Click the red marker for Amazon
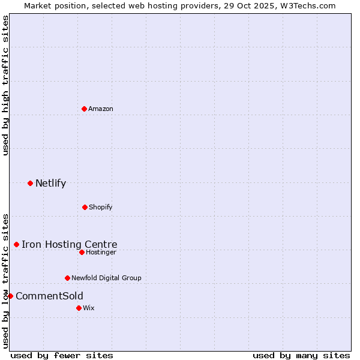(84, 109)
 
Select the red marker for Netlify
(30, 183)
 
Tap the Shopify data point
(85, 207)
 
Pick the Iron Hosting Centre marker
(16, 244)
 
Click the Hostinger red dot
(82, 252)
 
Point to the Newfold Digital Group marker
(67, 278)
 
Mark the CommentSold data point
(10, 296)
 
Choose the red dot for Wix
(79, 308)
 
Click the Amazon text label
(101, 109)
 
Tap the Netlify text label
(50, 183)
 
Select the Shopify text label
(101, 207)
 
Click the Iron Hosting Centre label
(70, 244)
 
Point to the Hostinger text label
(101, 252)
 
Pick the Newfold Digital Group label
(106, 278)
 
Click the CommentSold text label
(49, 296)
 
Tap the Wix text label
(89, 308)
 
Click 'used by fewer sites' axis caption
(62, 355)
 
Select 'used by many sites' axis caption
(301, 355)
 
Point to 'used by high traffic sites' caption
(5, 85)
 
